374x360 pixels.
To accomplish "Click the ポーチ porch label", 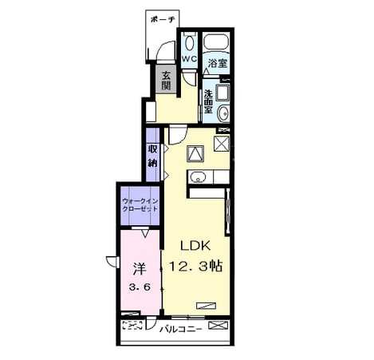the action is pos(163,19).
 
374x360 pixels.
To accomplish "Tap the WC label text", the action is pos(189,59).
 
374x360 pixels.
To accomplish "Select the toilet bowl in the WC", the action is pos(189,43).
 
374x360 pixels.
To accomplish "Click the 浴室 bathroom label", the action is pos(218,63).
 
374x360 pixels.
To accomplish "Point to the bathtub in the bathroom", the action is pos(216,42).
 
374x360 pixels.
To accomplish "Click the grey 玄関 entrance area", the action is pos(166,79).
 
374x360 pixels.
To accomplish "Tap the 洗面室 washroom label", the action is pos(208,101).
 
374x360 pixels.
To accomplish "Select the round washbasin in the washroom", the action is pos(223,113).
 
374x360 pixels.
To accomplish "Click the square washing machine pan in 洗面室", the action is pos(222,93).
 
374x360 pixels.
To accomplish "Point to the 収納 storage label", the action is pos(152,156).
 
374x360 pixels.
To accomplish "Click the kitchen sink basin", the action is pos(198,177).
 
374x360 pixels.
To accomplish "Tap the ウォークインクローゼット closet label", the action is pos(140,204).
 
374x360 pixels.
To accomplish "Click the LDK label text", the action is pos(195,246).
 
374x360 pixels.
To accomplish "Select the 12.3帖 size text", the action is pos(195,266).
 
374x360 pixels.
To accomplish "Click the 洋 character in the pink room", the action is pos(140,269).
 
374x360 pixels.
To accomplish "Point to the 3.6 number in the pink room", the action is pos(140,287).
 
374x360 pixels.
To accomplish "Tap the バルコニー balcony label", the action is pos(180,330).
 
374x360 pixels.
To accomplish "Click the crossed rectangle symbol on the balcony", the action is pos(218,325).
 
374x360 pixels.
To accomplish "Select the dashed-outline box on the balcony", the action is pos(132,325).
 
